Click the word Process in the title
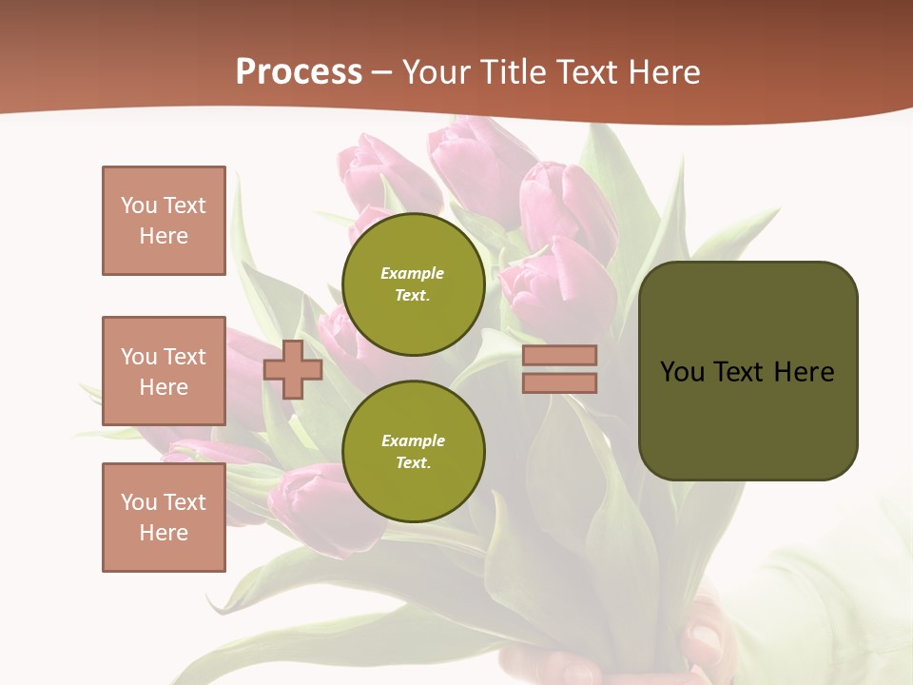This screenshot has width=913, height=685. (299, 72)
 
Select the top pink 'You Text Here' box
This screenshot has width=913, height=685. (164, 221)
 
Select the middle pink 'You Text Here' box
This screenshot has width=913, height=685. (164, 371)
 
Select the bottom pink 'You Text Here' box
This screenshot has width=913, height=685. (164, 517)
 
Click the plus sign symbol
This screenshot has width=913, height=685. (293, 369)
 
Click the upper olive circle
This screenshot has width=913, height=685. (413, 284)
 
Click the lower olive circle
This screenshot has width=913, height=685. (413, 451)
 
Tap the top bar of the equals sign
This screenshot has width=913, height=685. (559, 355)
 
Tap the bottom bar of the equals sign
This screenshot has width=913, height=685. (559, 382)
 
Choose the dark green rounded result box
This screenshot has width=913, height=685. (748, 419)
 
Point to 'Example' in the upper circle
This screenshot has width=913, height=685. (413, 273)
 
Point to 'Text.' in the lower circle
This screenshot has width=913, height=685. (413, 462)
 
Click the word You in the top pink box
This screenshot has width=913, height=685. (139, 205)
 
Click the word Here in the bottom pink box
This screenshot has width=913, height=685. (164, 533)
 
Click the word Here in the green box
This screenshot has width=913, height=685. (805, 372)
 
